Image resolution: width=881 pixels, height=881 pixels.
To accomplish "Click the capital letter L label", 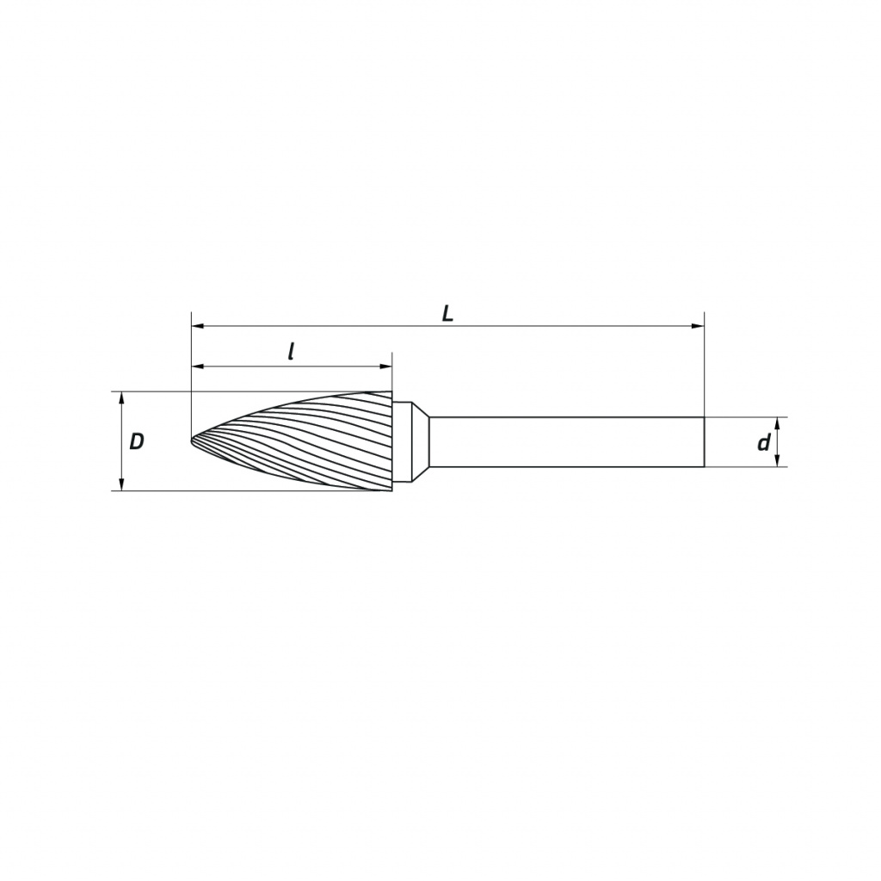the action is click(x=447, y=313).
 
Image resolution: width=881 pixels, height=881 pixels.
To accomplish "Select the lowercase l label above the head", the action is click(x=291, y=352).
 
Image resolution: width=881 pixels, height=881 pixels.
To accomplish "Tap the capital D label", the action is click(x=137, y=441).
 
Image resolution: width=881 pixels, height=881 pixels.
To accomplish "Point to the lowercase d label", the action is click(x=764, y=443).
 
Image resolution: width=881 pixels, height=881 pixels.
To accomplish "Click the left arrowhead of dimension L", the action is click(x=197, y=326).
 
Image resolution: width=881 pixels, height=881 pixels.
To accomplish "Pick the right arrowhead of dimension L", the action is click(x=698, y=326).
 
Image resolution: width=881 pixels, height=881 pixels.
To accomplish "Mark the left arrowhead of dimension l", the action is click(x=197, y=367).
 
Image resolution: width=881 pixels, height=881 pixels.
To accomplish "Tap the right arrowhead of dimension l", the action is click(x=386, y=367).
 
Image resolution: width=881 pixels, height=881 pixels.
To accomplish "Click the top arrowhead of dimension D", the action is click(x=121, y=397).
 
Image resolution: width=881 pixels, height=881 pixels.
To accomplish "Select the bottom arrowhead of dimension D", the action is click(x=121, y=484).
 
